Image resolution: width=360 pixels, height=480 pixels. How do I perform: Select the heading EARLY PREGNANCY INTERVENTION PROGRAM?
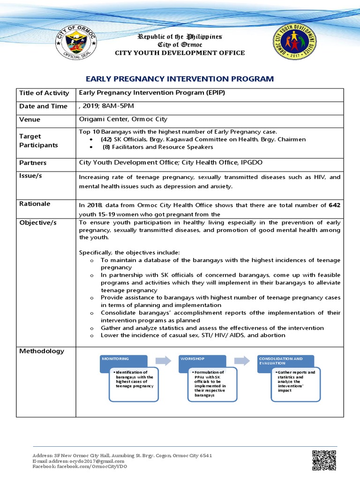click(180, 79)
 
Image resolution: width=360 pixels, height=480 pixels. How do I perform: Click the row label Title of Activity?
click(44, 93)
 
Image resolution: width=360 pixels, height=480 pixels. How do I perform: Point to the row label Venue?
click(30, 120)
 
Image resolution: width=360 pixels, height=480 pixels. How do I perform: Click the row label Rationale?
click(35, 204)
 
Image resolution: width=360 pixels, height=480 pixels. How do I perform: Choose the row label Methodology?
click(42, 351)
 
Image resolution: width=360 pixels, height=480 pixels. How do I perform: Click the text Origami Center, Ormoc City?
click(123, 119)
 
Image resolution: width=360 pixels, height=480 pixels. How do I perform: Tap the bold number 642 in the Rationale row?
click(335, 205)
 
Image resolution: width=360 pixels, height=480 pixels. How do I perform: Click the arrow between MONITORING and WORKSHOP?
click(163, 360)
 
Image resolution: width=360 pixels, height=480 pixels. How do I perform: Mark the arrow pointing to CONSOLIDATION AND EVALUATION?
click(242, 360)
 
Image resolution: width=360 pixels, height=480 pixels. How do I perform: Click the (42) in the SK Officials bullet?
click(106, 139)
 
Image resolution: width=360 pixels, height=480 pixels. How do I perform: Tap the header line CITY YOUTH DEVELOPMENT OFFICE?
click(180, 53)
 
